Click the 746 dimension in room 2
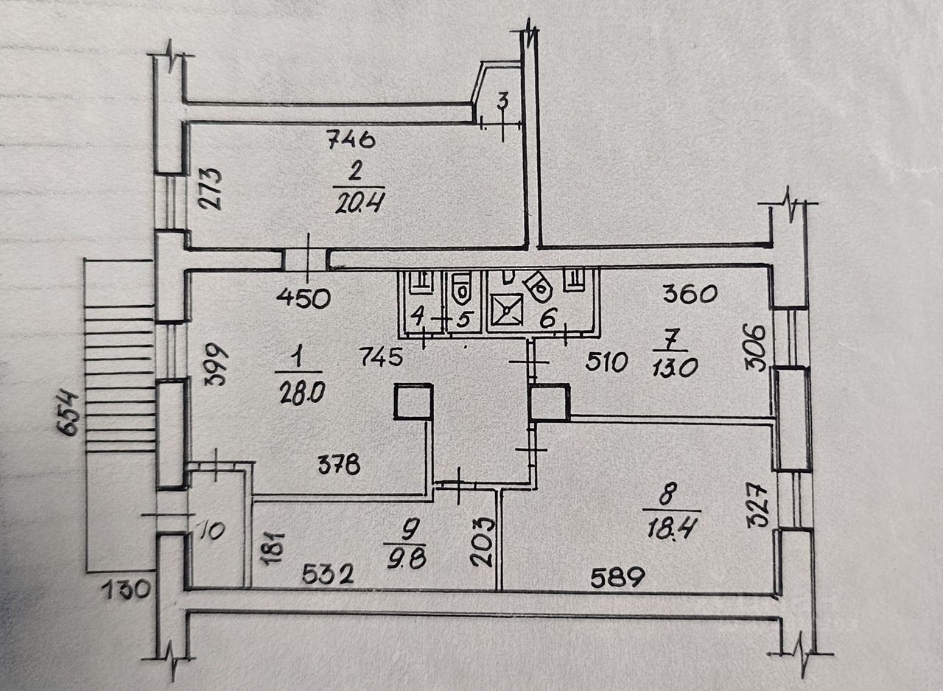[351, 138]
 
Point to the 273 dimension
[212, 189]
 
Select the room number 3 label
[502, 102]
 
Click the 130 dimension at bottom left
[125, 589]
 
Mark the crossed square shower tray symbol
[507, 309]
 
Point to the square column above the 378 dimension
[413, 402]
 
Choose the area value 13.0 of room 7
[670, 365]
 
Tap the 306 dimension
[760, 346]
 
